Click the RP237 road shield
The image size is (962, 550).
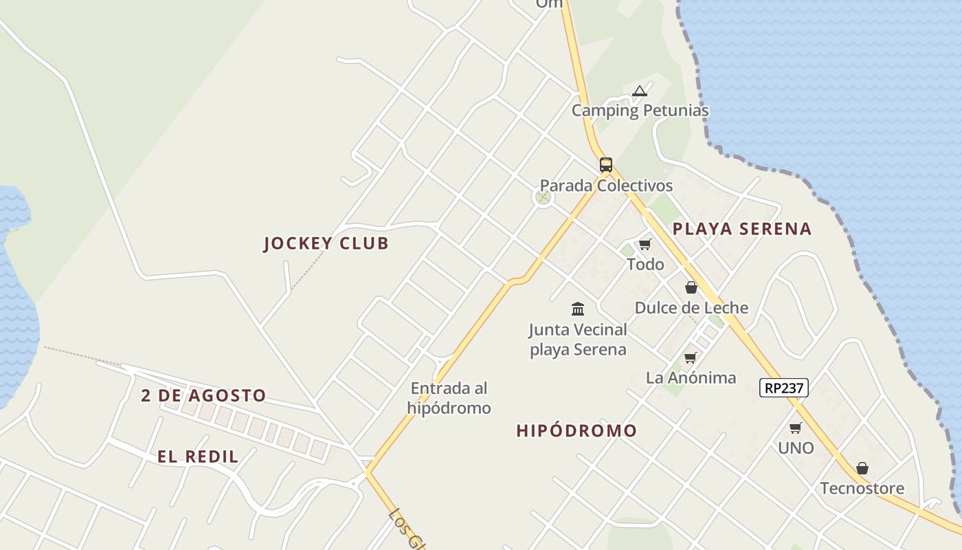(x=784, y=388)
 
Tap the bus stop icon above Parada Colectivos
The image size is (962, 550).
(x=605, y=165)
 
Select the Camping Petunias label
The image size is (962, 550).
(x=640, y=110)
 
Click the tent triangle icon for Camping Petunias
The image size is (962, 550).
(x=640, y=91)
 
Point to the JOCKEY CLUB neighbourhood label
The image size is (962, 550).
(x=326, y=243)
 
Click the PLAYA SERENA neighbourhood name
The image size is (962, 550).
(x=742, y=229)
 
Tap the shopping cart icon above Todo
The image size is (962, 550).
(x=645, y=244)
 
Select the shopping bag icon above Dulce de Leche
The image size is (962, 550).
(x=691, y=287)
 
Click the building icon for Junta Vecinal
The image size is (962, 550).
(x=578, y=309)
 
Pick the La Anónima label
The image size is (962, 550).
(x=691, y=377)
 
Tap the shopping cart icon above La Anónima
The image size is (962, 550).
(x=690, y=357)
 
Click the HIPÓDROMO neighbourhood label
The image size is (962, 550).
(x=577, y=431)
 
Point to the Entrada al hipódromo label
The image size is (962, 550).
(x=449, y=398)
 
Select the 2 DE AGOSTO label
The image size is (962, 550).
(x=203, y=396)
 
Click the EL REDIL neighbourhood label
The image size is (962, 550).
(x=198, y=456)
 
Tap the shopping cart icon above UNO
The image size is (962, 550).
(x=795, y=428)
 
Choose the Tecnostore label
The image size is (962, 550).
(x=862, y=488)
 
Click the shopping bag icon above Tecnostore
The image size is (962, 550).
(x=862, y=468)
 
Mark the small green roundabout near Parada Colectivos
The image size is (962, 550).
(x=543, y=198)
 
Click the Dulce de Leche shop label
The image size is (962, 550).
(x=691, y=307)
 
